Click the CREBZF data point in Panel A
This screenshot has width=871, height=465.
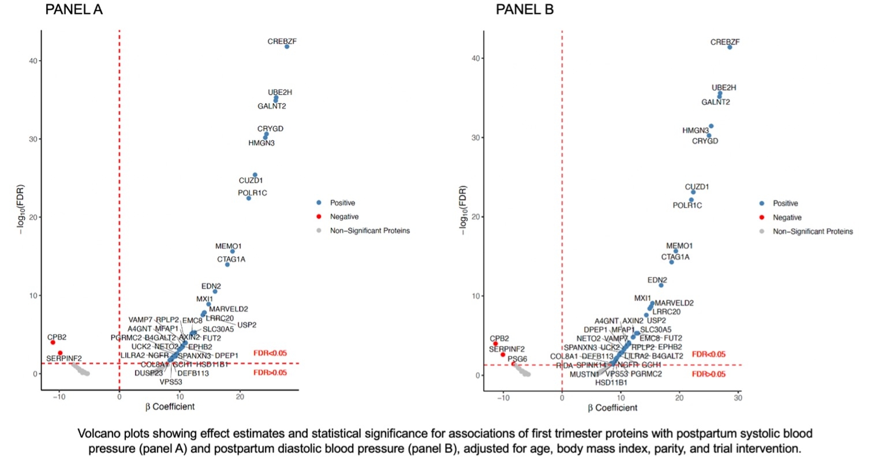[287, 46]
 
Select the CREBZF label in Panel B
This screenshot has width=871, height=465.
[725, 42]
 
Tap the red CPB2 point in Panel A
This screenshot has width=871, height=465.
[53, 342]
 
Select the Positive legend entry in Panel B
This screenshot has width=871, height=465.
[786, 203]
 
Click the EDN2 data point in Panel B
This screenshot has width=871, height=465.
[661, 285]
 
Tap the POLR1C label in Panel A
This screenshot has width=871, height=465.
[252, 193]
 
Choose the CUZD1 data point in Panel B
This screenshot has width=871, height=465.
[693, 192]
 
